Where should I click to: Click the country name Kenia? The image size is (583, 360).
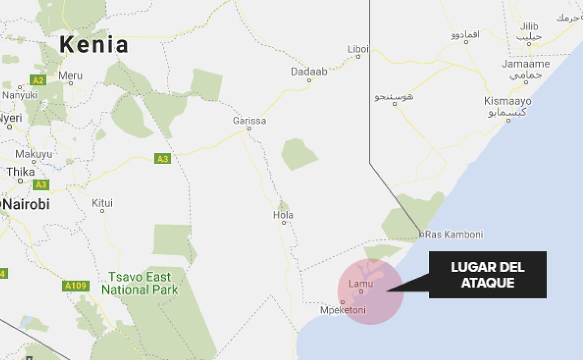tap(93, 45)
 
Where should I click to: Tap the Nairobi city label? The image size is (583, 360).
tap(26, 204)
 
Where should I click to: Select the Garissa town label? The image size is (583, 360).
tap(249, 121)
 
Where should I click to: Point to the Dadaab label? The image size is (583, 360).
tap(309, 72)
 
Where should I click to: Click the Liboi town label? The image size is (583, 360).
tap(358, 49)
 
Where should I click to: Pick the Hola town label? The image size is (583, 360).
tap(283, 215)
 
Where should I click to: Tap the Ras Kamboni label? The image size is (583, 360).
tap(454, 234)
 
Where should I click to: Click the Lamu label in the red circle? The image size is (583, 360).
tap(361, 284)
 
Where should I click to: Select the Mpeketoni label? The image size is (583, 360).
tap(343, 310)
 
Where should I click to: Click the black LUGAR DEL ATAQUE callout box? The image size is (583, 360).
tap(488, 275)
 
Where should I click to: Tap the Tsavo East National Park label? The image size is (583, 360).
tap(140, 283)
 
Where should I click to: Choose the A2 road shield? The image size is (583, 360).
tap(38, 80)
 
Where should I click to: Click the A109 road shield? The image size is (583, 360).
tap(75, 286)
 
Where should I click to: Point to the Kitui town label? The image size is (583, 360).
tap(102, 203)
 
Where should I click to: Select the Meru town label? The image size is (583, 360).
tap(71, 75)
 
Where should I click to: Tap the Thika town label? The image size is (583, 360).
tap(21, 172)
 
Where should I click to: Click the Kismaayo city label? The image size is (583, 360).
tap(508, 101)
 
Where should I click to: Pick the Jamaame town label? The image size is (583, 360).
tap(526, 64)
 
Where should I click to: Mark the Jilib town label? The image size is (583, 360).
tap(529, 26)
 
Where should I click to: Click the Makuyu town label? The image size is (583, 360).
tap(34, 154)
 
